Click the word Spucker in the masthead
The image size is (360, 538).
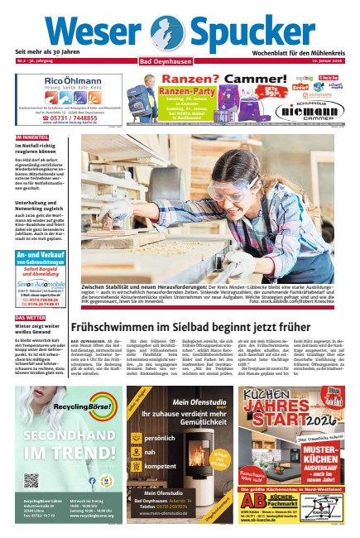[x=252, y=32]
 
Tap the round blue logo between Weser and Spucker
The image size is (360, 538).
[x=171, y=33]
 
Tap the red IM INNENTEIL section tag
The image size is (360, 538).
[x=32, y=137]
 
